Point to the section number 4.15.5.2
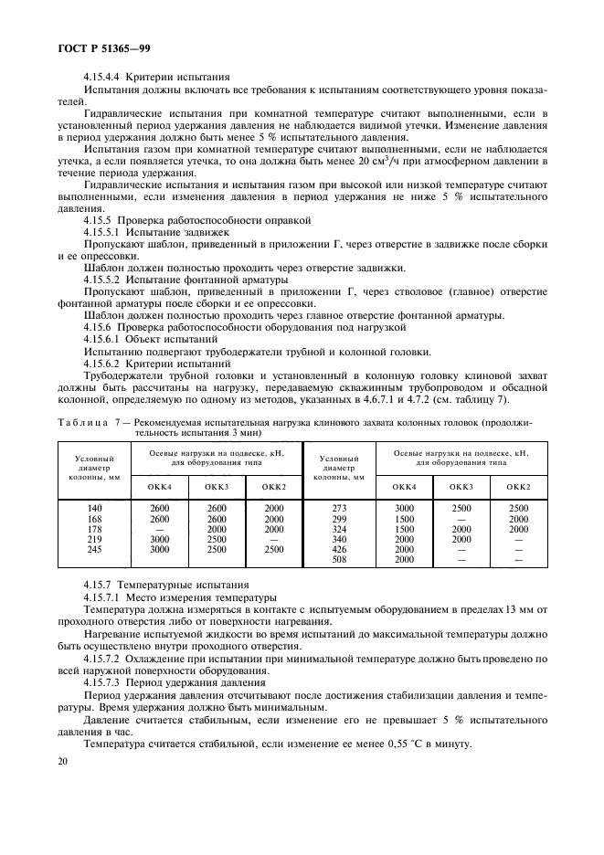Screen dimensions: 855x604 click(101, 279)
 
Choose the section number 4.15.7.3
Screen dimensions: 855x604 click(101, 683)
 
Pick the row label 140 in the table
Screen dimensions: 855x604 click(95, 508)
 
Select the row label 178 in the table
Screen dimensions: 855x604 click(95, 529)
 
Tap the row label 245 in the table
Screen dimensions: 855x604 click(95, 550)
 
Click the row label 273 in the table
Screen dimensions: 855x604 click(340, 508)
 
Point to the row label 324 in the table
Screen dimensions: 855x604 click(340, 529)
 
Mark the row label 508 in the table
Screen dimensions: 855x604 click(340, 561)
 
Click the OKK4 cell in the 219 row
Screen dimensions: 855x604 click(161, 540)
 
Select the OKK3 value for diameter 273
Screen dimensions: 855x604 click(461, 508)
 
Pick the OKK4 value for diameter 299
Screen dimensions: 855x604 click(404, 518)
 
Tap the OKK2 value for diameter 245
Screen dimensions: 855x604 click(273, 550)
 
